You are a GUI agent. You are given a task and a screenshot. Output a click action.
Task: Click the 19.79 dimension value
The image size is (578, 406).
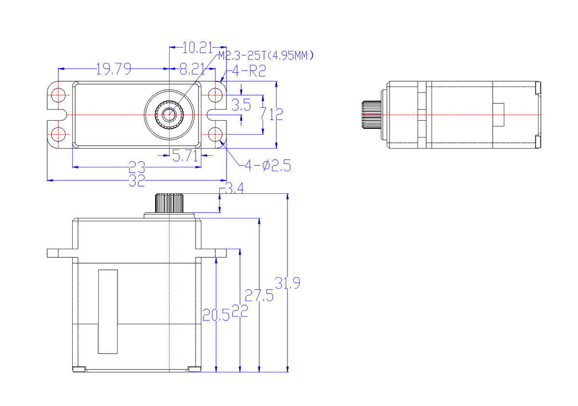114,70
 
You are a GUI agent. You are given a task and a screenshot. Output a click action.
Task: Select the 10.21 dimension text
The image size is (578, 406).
197,47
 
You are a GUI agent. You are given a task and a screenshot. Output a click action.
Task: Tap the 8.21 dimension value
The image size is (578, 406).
192,70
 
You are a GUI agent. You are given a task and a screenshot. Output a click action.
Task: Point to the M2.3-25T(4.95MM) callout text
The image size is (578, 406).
266,56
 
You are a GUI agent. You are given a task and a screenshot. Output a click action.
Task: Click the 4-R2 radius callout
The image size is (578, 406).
249,72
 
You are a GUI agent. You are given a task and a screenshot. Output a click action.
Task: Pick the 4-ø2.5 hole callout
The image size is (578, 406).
267,166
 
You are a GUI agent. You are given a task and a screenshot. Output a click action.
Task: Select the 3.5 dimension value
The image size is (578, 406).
241,105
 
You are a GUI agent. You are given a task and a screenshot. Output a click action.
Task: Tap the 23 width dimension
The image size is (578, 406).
137,167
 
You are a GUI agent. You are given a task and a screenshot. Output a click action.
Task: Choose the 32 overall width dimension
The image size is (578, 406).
137,181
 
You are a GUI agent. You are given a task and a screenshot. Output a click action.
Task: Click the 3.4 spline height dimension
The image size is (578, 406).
234,190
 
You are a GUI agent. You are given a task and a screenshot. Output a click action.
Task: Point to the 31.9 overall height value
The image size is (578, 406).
288,283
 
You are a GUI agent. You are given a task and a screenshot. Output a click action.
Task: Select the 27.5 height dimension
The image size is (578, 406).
259,294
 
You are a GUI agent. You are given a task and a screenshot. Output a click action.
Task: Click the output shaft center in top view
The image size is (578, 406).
169,114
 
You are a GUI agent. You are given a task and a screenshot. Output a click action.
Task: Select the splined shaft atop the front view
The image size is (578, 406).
169,203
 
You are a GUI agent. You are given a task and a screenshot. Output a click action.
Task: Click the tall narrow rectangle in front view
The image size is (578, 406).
108,311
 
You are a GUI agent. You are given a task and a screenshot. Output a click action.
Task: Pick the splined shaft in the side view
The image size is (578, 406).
371,115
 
